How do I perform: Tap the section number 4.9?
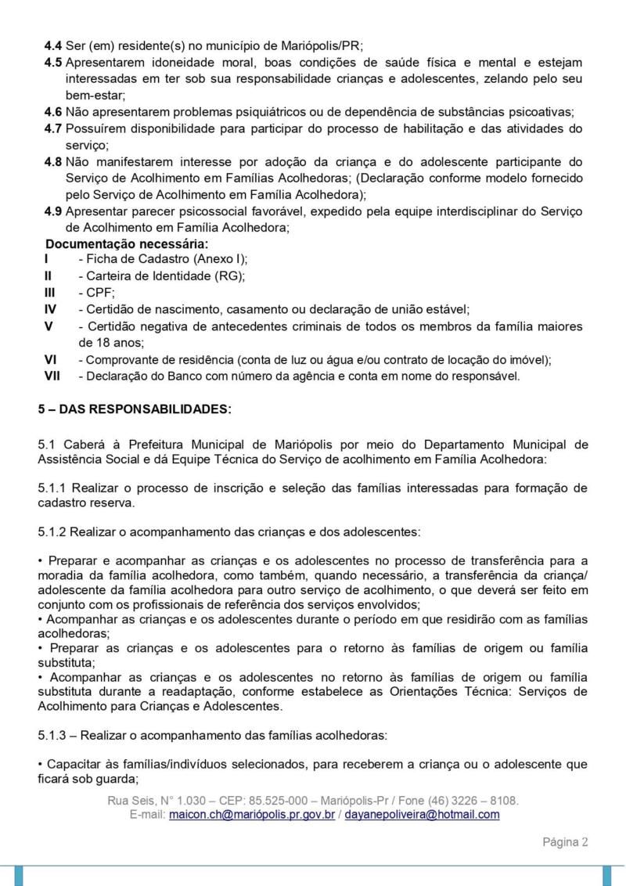click(53, 211)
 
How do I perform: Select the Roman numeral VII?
click(52, 376)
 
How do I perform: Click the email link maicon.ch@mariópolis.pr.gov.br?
click(252, 815)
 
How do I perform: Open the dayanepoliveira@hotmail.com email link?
click(422, 815)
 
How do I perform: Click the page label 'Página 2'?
click(565, 842)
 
